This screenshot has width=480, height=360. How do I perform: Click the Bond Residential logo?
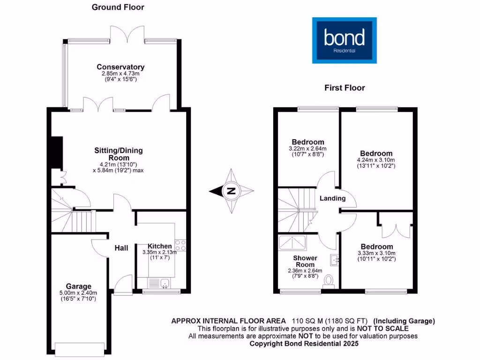click(345, 40)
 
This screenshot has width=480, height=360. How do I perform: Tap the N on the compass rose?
click(231, 191)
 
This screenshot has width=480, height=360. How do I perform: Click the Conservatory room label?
click(120, 67)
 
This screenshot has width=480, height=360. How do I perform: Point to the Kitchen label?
click(160, 246)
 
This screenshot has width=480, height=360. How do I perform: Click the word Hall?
click(121, 247)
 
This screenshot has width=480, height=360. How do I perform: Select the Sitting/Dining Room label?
click(119, 154)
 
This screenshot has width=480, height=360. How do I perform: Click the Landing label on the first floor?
click(332, 198)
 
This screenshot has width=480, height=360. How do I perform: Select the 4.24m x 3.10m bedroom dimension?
click(376, 160)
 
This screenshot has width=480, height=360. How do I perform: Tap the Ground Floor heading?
click(118, 7)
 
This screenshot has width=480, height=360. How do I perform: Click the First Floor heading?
click(345, 88)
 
